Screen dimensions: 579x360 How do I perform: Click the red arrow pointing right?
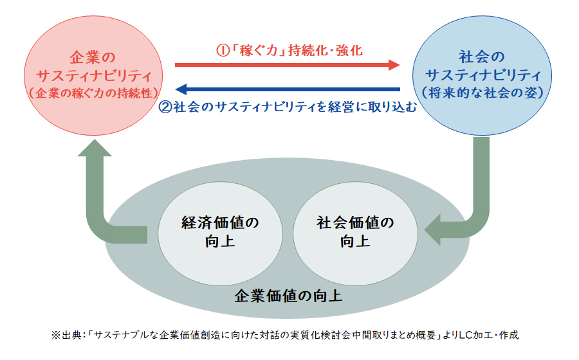tap(288, 65)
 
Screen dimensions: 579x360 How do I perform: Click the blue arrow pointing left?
tap(288, 89)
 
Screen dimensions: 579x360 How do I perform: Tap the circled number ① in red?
tap(223, 50)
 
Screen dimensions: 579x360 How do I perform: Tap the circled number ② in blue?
tap(165, 107)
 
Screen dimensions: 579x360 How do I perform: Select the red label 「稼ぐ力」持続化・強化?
tap(296, 50)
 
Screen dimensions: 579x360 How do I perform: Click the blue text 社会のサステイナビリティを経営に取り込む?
tap(295, 107)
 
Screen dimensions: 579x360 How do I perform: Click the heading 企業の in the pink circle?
tap(93, 58)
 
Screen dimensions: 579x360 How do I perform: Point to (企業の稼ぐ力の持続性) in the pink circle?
tap(93, 93)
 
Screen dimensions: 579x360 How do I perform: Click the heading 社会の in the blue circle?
tap(481, 57)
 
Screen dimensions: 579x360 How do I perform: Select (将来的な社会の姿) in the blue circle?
tap(482, 93)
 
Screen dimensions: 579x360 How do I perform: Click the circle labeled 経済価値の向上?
tap(221, 233)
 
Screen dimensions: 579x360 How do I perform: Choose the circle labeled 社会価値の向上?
tap(356, 233)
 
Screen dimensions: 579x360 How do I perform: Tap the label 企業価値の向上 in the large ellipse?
tap(288, 296)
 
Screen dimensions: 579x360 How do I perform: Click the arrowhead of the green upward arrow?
tap(95, 148)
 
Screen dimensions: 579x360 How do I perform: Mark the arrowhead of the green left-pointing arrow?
tap(433, 230)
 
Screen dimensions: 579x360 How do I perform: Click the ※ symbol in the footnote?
tap(55, 335)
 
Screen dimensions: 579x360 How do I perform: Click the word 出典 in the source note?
tap(71, 335)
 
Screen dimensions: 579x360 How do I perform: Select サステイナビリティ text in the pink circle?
tap(94, 76)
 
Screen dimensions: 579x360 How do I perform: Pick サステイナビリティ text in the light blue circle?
tap(482, 75)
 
